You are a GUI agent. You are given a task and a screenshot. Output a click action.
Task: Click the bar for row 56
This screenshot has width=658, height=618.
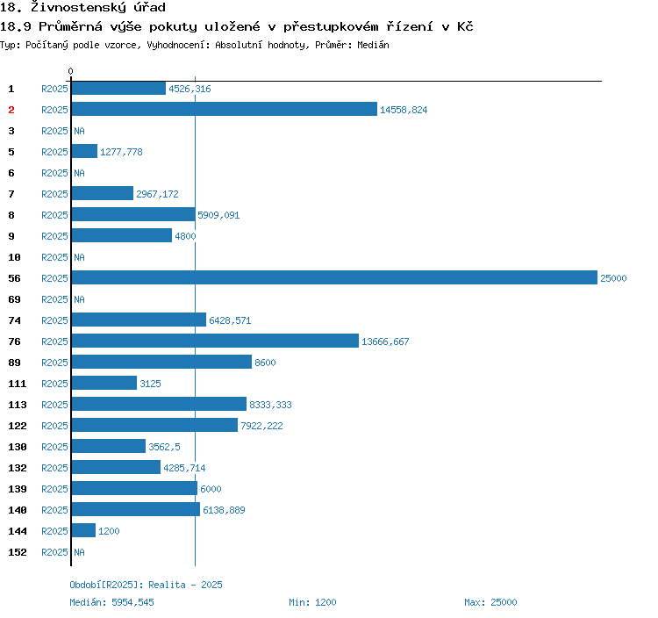pyautogui.click(x=333, y=278)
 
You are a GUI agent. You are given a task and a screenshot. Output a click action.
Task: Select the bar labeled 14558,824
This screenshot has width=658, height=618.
pyautogui.click(x=224, y=110)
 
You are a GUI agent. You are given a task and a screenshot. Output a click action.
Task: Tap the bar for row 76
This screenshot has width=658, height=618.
pyautogui.click(x=215, y=341)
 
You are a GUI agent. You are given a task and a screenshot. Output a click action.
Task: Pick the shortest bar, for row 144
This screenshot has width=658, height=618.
pyautogui.click(x=83, y=531)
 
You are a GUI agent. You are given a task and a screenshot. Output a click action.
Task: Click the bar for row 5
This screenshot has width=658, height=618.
pyautogui.click(x=84, y=152)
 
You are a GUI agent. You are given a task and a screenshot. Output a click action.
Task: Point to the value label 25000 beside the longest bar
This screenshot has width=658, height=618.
pyautogui.click(x=613, y=278)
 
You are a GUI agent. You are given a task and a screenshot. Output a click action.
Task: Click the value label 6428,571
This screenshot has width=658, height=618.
pyautogui.click(x=230, y=320)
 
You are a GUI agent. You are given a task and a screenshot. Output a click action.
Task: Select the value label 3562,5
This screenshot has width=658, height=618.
pyautogui.click(x=164, y=447)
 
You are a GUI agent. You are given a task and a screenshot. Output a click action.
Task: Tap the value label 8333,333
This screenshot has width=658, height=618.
pyautogui.click(x=270, y=405)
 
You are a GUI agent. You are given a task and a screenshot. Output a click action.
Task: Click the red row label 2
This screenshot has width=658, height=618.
pyautogui.click(x=11, y=110)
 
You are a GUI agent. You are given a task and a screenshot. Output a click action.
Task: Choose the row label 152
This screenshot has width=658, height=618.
pyautogui.click(x=18, y=552)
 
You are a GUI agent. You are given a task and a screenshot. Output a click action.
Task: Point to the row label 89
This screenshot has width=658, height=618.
pyautogui.click(x=15, y=363)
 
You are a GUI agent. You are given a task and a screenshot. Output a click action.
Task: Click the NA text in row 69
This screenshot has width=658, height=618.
pyautogui.click(x=79, y=299)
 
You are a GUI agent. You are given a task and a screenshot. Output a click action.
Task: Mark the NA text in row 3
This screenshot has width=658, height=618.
pyautogui.click(x=79, y=131)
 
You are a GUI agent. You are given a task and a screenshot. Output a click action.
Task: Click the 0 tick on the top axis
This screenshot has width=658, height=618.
pyautogui.click(x=71, y=71)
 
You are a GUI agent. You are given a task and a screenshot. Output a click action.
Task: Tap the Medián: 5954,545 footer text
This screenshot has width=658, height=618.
pyautogui.click(x=111, y=602)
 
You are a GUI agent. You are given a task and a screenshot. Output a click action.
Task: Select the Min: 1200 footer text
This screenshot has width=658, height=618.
pyautogui.click(x=312, y=602)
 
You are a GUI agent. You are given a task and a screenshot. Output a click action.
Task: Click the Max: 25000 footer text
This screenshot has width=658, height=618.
pyautogui.click(x=490, y=602)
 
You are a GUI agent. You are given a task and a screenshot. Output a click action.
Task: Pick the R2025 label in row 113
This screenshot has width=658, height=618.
pyautogui.click(x=54, y=405)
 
